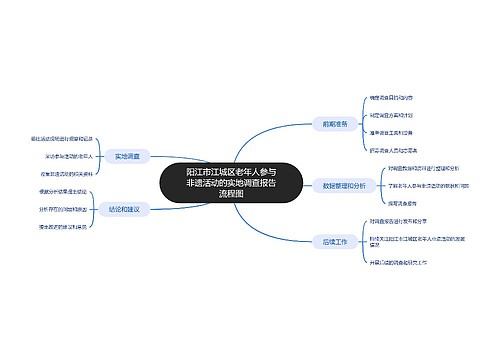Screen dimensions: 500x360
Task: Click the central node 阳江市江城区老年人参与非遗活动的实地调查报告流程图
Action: (x=230, y=183)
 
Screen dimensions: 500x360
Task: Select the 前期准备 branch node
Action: (x=335, y=124)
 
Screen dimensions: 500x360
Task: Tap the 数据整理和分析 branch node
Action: (x=345, y=184)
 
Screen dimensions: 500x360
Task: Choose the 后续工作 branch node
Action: (x=335, y=242)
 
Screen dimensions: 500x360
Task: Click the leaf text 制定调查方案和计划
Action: (x=393, y=115)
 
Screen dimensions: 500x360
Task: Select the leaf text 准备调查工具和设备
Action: (x=393, y=132)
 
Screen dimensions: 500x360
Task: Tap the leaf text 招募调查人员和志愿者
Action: (x=395, y=149)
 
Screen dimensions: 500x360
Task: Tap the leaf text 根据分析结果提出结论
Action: (x=64, y=190)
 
